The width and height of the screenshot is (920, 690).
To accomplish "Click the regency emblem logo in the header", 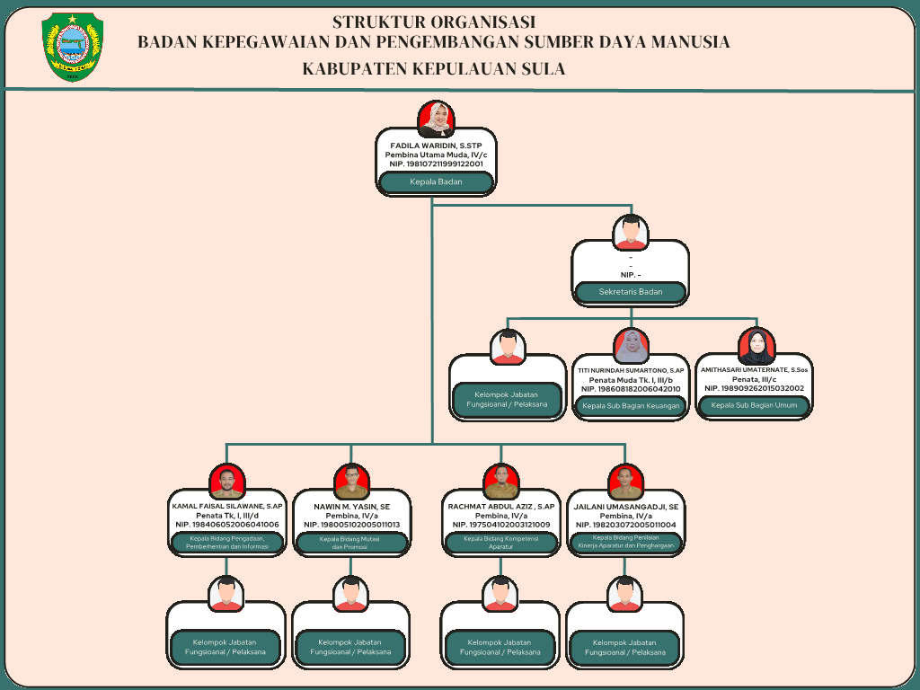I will [x=73, y=48].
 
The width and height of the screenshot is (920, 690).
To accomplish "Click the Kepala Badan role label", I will [x=436, y=182].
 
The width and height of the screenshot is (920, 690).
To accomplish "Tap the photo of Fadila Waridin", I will [x=437, y=119].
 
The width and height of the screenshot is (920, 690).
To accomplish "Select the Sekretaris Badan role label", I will [x=630, y=292].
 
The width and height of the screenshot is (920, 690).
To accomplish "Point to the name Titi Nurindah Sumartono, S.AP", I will [x=631, y=370].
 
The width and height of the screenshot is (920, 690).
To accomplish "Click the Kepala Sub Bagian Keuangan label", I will [x=631, y=406].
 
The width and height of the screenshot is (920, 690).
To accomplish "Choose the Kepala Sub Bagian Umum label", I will [x=754, y=406].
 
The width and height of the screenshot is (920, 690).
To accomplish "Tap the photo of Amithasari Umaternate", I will [x=756, y=347].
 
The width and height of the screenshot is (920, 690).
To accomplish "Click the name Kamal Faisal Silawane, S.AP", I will [x=227, y=507].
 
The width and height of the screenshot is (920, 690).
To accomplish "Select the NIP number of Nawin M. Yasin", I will [x=351, y=525].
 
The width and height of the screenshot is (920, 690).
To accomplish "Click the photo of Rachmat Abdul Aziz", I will [x=500, y=482].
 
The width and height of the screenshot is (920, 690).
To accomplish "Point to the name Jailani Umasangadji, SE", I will [x=626, y=507].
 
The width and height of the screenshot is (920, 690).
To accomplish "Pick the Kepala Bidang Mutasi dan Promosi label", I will [x=351, y=543].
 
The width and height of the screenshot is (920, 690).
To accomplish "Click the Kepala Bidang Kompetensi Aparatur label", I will [x=500, y=543].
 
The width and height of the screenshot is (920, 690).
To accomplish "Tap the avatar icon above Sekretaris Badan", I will [x=631, y=233].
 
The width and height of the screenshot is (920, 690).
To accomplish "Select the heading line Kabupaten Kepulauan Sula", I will [x=434, y=69].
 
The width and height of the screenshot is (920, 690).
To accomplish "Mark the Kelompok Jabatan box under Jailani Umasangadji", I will [x=625, y=647].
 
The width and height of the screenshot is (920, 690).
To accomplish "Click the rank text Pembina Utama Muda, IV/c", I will [x=436, y=155].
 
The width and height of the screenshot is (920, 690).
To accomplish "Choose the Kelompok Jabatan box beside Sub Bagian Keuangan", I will [x=507, y=398].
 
